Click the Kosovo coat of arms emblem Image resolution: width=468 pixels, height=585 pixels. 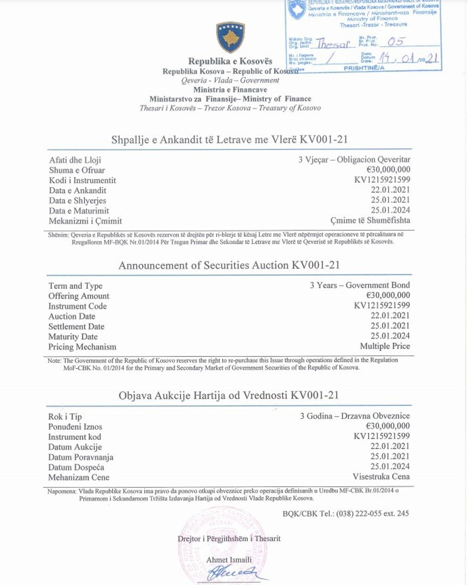click(x=231, y=37)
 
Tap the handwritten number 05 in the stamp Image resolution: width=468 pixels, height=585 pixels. click(x=396, y=42)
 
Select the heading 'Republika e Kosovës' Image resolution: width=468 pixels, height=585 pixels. click(x=230, y=61)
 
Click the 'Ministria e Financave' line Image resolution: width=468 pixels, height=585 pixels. click(x=230, y=89)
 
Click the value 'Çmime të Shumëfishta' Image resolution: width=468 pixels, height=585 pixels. click(x=370, y=221)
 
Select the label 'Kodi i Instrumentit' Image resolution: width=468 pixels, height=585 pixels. click(x=82, y=180)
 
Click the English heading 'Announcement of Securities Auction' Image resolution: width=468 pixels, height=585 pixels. click(x=229, y=265)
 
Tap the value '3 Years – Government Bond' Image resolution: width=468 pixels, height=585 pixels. click(x=360, y=285)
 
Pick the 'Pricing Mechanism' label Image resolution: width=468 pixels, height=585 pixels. click(x=82, y=347)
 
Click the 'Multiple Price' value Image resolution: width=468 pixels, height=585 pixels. click(x=385, y=346)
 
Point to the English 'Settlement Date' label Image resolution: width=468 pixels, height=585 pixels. click(x=76, y=327)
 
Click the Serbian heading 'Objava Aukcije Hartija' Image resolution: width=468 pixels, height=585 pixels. click(x=229, y=395)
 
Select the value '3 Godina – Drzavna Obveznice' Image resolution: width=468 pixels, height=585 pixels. click(x=355, y=416)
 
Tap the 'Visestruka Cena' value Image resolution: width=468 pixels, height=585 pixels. click(x=381, y=476)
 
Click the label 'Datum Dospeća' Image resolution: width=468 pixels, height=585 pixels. click(x=76, y=467)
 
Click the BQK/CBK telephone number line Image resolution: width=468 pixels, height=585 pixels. click(x=346, y=514)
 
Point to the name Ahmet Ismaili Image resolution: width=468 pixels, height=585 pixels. click(x=229, y=560)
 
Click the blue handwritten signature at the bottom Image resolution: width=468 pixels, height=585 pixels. click(x=231, y=573)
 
